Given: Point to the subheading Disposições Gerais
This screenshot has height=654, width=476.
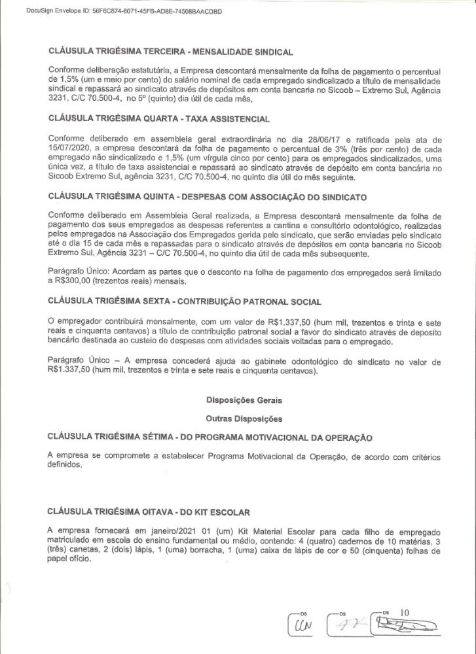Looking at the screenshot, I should click(244, 400).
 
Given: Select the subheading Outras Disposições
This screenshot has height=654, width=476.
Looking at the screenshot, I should click(244, 418).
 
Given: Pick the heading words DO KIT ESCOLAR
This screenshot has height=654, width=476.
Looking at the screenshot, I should click(212, 511).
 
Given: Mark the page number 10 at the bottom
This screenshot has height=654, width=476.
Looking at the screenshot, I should click(404, 612).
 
